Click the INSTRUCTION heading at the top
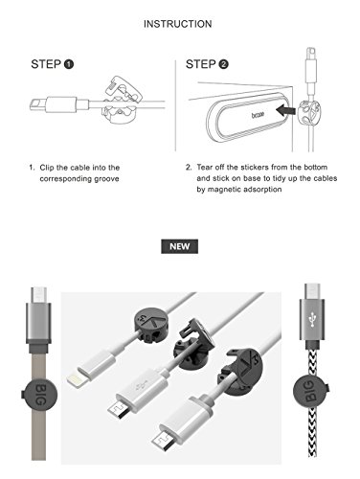point(177,24)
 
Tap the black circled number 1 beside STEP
point(69,64)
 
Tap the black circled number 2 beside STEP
point(223,64)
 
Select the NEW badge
point(179,246)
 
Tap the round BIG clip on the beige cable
point(40,395)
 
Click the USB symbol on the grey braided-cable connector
point(312,319)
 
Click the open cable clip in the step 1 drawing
point(121,100)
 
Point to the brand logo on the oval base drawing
point(258,114)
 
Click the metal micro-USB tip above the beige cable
point(39,295)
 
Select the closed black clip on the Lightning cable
point(149,326)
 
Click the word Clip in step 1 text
point(47,168)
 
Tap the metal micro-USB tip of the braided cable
point(312,292)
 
